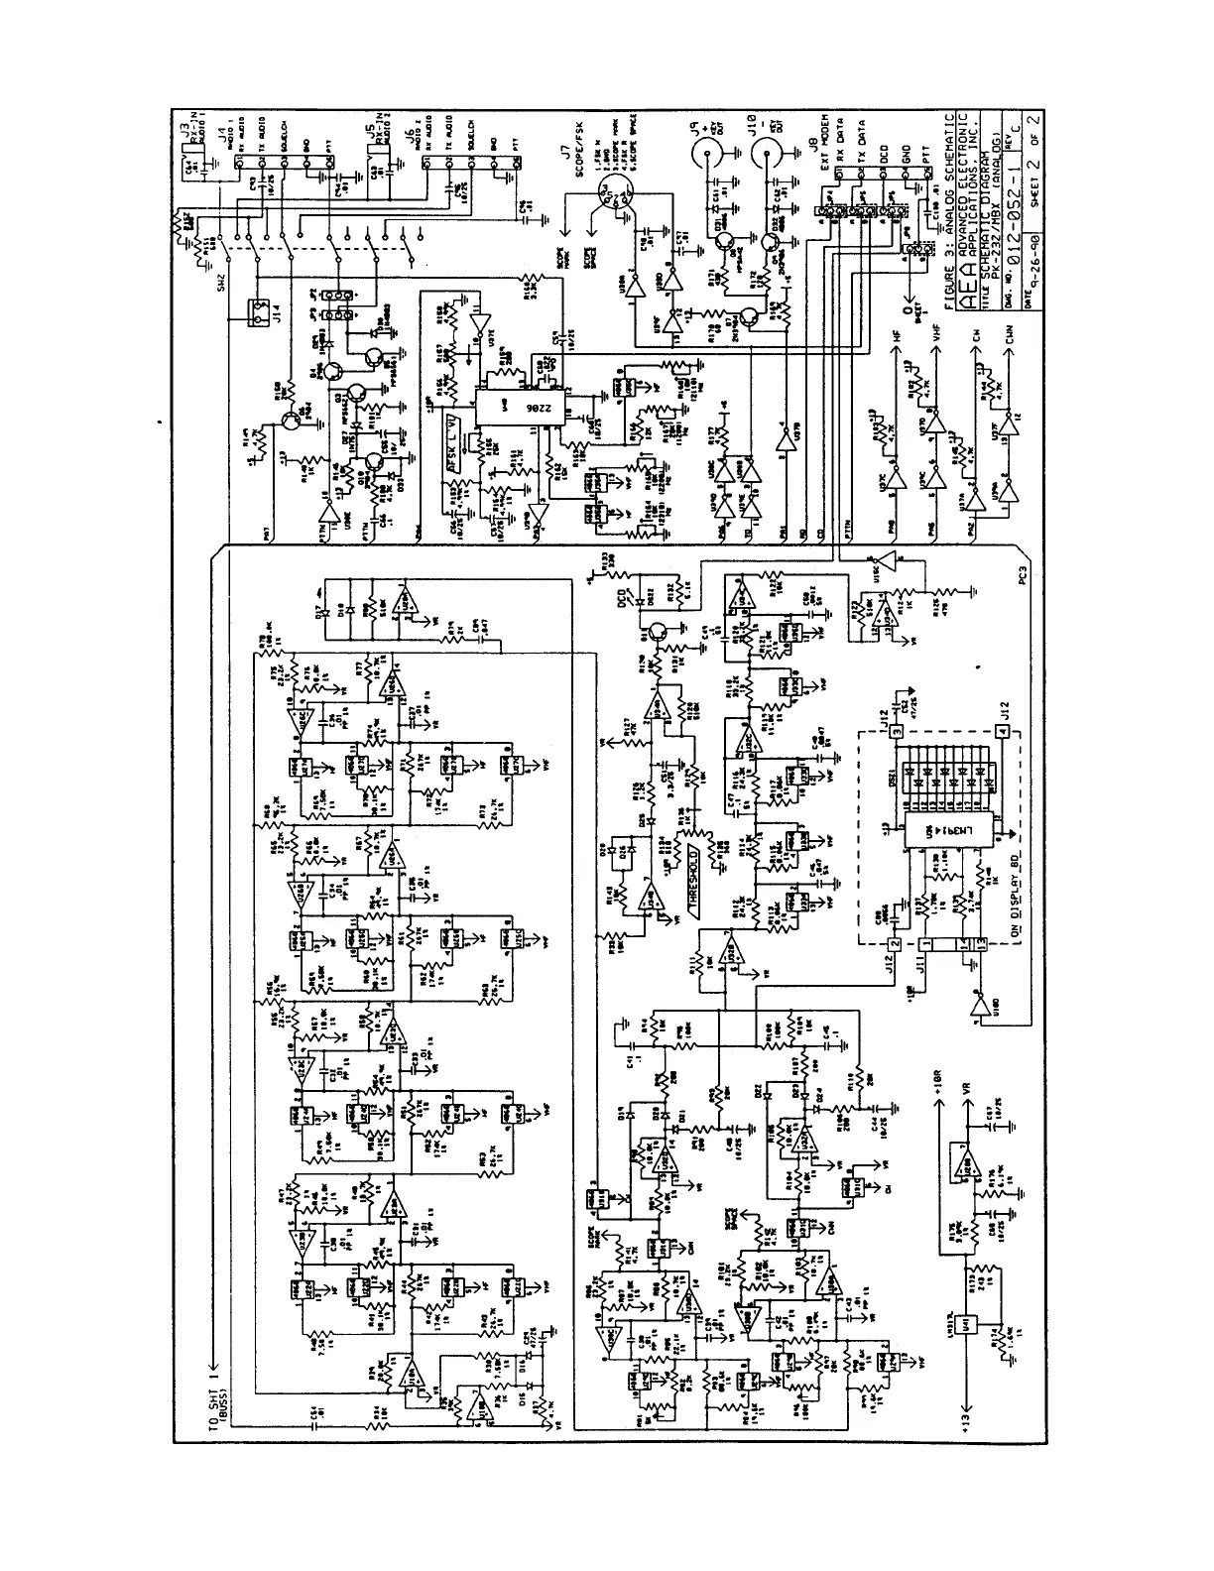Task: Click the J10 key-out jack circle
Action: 766,152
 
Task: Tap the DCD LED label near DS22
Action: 623,587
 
